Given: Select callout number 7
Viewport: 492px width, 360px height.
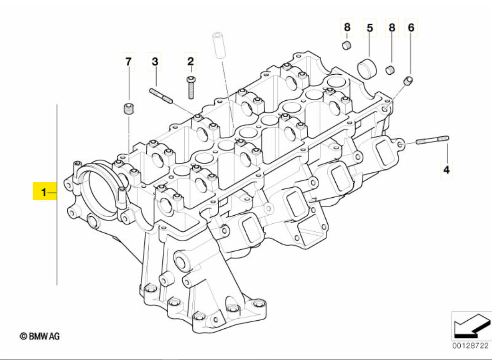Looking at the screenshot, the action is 128,62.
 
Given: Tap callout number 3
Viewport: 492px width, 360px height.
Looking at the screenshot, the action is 155,61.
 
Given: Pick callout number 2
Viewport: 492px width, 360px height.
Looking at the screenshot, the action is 190,61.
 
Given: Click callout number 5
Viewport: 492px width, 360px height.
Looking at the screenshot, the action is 370,28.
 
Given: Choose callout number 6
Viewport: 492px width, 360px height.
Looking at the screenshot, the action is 411,27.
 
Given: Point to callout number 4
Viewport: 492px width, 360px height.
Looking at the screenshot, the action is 446,170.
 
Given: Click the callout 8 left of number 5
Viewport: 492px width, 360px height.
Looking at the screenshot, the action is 347,27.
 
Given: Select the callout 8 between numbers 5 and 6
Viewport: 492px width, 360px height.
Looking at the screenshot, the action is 392,27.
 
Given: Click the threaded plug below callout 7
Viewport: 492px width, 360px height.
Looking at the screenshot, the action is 127,108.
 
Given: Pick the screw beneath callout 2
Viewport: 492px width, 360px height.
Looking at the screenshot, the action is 191,88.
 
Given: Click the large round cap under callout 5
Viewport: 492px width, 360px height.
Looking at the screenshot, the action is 367,68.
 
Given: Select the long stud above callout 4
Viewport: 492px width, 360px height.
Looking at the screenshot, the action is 432,140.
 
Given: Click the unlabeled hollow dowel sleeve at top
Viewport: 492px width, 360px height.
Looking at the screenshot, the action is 218,44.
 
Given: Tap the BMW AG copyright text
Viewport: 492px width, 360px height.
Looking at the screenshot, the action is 40,336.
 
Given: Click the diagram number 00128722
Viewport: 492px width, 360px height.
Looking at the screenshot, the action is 470,346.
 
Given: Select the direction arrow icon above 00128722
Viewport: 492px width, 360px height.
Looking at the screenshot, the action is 472,326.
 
